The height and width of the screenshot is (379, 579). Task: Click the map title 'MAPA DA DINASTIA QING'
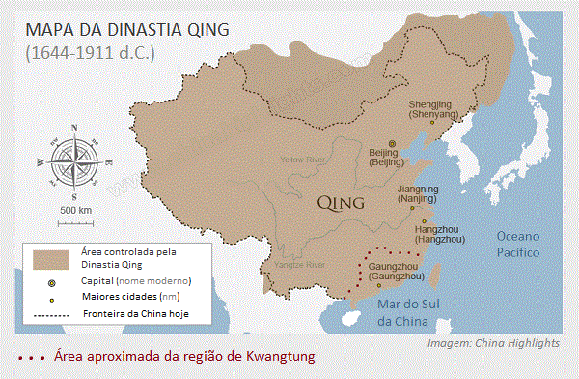[x=127, y=28]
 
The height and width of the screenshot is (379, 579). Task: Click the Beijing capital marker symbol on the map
[x=392, y=142]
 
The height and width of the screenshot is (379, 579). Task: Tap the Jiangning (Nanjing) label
[x=418, y=193]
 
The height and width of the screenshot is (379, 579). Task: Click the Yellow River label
[x=303, y=159]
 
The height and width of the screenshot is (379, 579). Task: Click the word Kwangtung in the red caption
[x=274, y=357]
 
